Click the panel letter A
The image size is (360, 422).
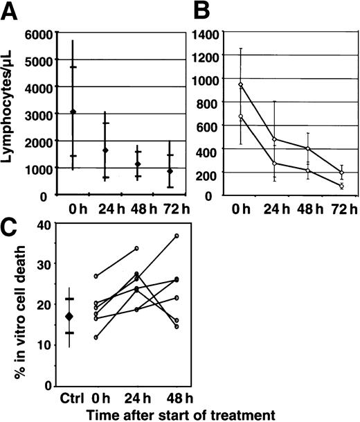click(x=11, y=10)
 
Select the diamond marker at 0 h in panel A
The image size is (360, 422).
click(x=73, y=112)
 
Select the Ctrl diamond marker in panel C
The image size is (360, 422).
click(x=68, y=316)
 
